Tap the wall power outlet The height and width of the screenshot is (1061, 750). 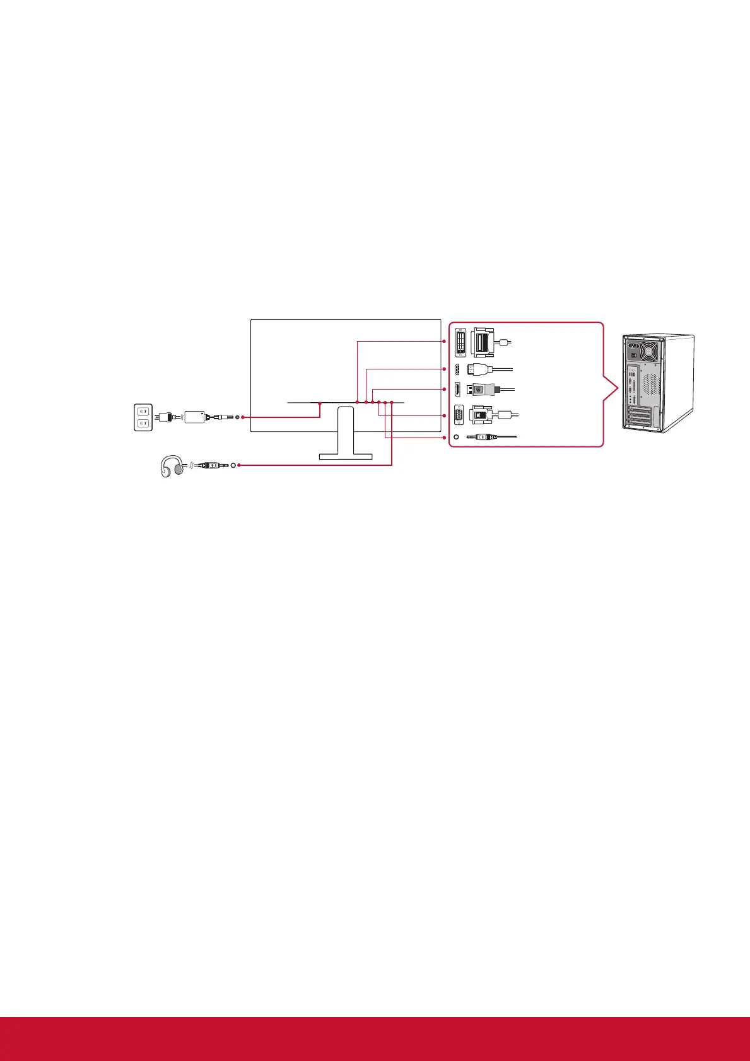point(143,417)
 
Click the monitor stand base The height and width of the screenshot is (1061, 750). point(345,456)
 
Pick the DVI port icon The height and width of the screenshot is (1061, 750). point(460,342)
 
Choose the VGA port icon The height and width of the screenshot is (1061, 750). point(459,415)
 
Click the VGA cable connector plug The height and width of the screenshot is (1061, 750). point(481,415)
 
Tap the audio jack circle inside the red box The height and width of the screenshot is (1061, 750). point(456,437)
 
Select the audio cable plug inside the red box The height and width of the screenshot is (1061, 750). point(481,437)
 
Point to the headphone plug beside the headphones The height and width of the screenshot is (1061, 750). point(208,466)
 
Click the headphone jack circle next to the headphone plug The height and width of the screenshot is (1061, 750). point(234,466)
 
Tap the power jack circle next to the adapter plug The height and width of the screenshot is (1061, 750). point(237,417)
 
